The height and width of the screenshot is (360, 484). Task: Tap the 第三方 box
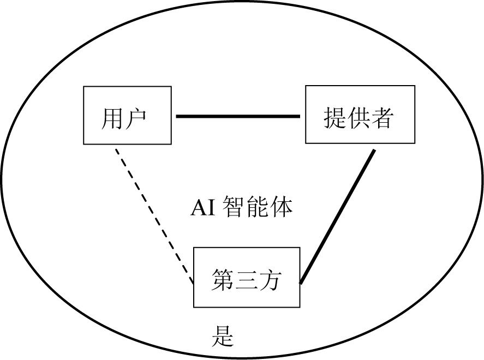pyautogui.click(x=247, y=277)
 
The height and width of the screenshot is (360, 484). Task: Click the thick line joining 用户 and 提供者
pyautogui.click(x=238, y=116)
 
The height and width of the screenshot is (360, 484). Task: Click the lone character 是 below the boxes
pyautogui.click(x=223, y=337)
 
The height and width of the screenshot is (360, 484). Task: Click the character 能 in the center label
pyautogui.click(x=259, y=208)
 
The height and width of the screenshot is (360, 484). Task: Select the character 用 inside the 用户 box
pyautogui.click(x=112, y=118)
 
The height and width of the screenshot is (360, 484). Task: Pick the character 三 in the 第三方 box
pyautogui.click(x=246, y=280)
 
